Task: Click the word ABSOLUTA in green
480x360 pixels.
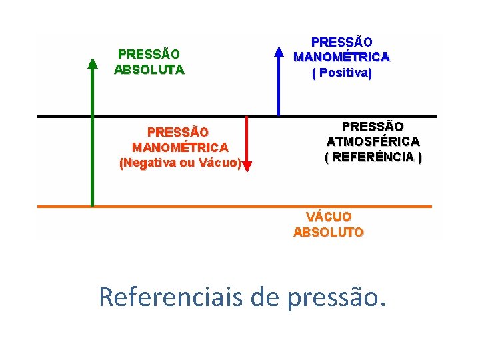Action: tap(149, 69)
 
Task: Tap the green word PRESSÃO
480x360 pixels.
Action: tap(149, 54)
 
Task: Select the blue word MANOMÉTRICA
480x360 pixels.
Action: tap(341, 57)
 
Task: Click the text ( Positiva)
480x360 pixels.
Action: tap(341, 73)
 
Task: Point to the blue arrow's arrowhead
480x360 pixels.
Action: tap(279, 51)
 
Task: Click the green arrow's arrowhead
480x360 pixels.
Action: tap(92, 63)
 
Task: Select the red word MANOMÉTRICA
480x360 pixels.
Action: tap(179, 147)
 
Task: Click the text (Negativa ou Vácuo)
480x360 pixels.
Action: tap(179, 163)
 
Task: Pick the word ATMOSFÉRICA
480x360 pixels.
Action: tap(373, 141)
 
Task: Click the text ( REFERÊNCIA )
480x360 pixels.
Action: tap(373, 157)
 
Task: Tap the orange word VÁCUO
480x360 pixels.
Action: tap(329, 217)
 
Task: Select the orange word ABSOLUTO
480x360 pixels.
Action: tap(329, 233)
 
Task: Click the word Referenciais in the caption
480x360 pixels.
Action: tap(171, 297)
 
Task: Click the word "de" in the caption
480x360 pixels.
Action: tap(266, 297)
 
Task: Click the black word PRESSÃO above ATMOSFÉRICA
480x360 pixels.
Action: tap(373, 126)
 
